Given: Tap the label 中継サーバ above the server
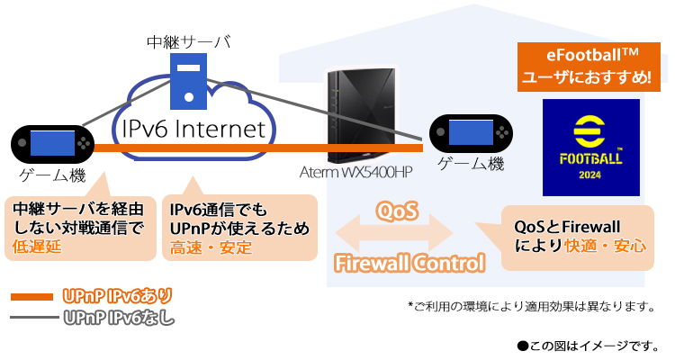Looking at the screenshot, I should pyautogui.click(x=188, y=41).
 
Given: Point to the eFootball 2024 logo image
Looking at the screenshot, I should pyautogui.click(x=590, y=148).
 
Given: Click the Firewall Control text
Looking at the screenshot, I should pyautogui.click(x=409, y=263).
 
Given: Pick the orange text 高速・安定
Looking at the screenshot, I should pyautogui.click(x=211, y=247).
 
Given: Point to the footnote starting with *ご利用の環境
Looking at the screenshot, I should pyautogui.click(x=530, y=306).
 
